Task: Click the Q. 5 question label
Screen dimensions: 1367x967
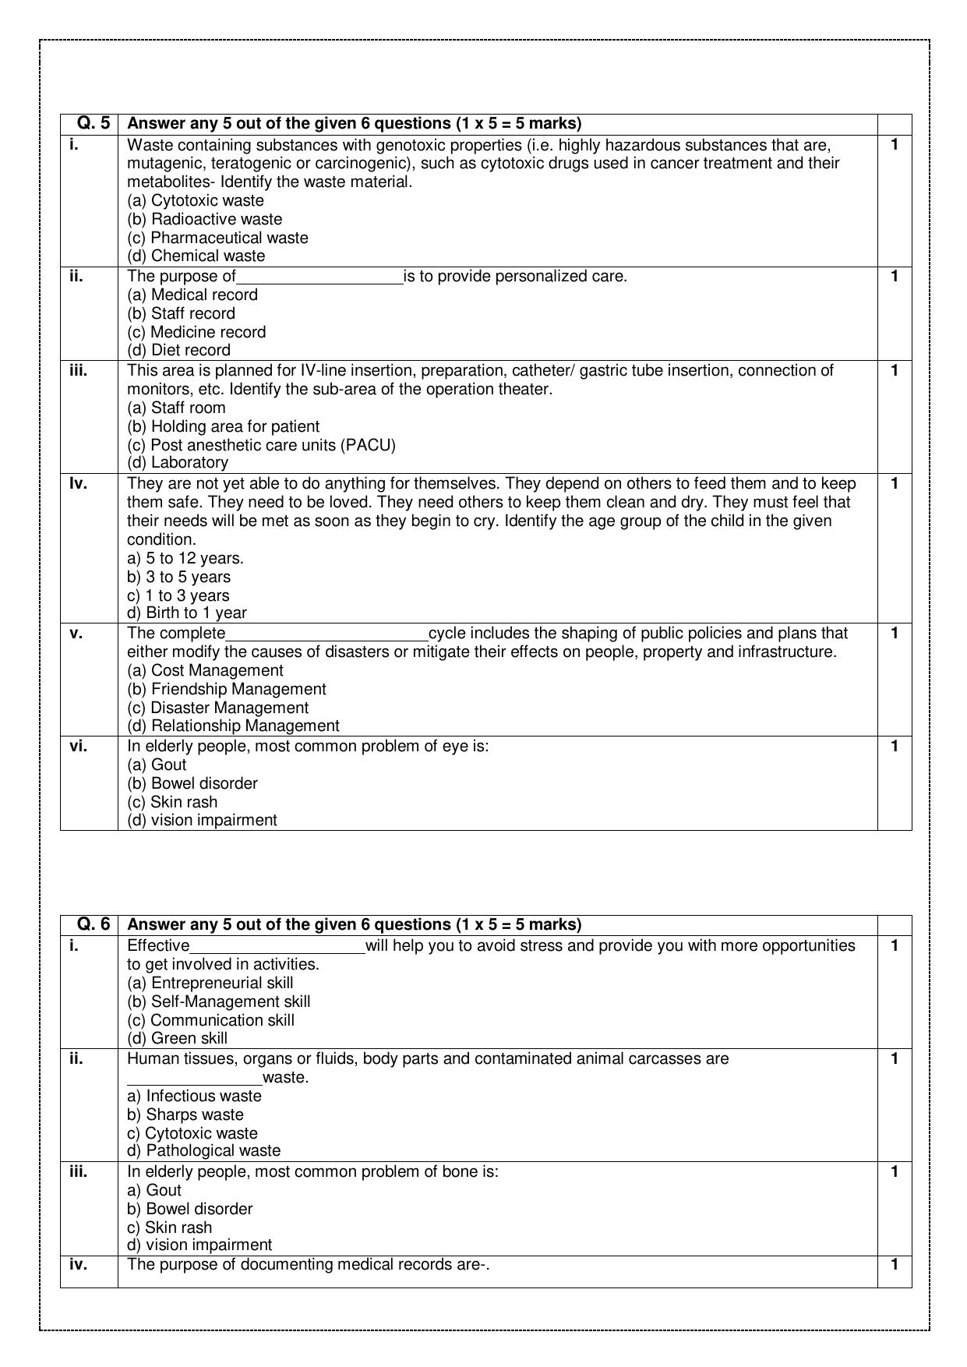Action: (94, 123)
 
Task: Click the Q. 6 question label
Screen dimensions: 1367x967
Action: (94, 924)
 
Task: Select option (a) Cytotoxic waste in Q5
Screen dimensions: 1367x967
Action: (196, 200)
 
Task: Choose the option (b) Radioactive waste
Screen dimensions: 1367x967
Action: (204, 219)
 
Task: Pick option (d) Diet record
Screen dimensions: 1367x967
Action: (178, 350)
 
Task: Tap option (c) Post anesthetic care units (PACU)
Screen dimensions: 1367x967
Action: (261, 445)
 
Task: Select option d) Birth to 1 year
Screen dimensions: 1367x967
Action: (186, 613)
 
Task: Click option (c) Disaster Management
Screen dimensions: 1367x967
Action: (217, 708)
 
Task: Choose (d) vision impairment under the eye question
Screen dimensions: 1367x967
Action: (202, 820)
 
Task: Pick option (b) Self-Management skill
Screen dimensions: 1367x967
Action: (218, 1001)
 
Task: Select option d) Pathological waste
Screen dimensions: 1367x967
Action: (203, 1150)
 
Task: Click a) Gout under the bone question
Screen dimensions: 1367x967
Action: (154, 1190)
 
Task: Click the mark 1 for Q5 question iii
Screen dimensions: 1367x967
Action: (895, 370)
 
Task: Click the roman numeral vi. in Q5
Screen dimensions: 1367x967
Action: (78, 746)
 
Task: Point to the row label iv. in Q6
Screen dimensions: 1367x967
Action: (78, 1264)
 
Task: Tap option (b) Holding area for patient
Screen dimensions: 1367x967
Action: (223, 426)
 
